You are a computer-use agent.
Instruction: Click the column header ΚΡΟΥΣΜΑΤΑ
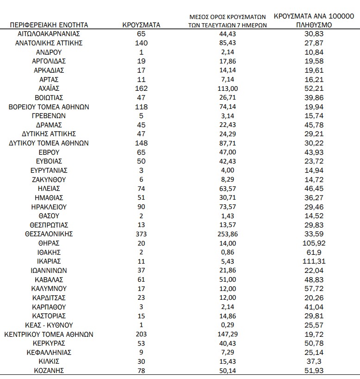(142, 25)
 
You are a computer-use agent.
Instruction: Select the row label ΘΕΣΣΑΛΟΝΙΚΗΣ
(49, 234)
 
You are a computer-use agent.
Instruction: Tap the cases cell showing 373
(142, 234)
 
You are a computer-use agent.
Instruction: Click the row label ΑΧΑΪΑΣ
(49, 88)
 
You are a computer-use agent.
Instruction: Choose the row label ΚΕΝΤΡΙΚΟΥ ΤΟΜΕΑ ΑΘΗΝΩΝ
(49, 334)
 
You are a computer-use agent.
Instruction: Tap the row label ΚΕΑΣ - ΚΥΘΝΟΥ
(49, 325)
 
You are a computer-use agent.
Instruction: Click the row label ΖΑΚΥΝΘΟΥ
(49, 180)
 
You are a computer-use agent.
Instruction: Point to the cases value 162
(142, 88)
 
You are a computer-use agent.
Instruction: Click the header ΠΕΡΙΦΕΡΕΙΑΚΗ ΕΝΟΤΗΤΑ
(49, 25)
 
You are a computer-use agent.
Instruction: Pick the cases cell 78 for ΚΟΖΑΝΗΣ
(142, 370)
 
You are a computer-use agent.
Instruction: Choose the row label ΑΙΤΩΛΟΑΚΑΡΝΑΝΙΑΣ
(49, 34)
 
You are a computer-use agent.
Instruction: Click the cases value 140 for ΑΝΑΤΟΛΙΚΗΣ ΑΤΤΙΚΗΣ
(142, 43)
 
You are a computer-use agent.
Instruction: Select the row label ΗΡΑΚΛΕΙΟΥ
(49, 207)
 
